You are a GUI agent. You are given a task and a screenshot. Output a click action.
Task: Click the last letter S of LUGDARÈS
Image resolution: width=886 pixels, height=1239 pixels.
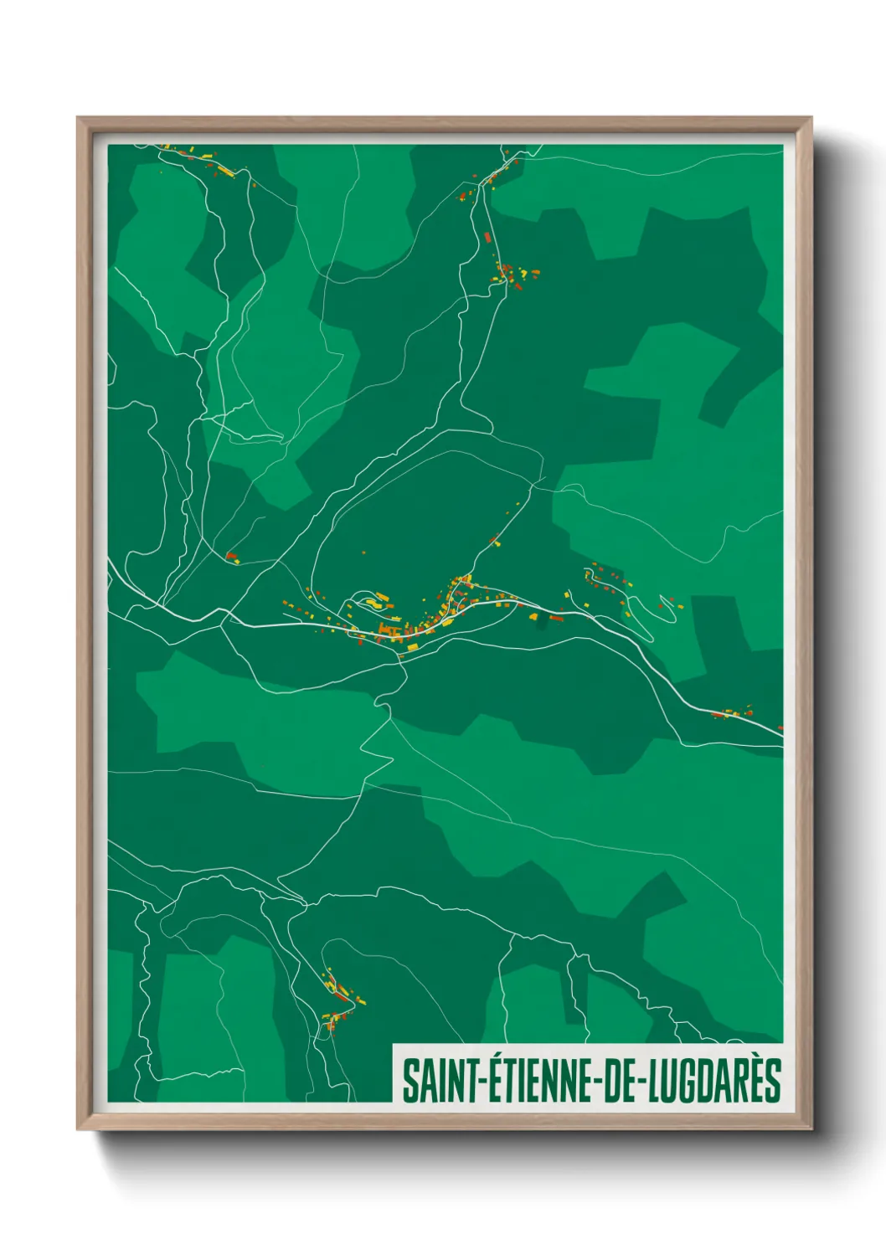tap(773, 1081)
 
